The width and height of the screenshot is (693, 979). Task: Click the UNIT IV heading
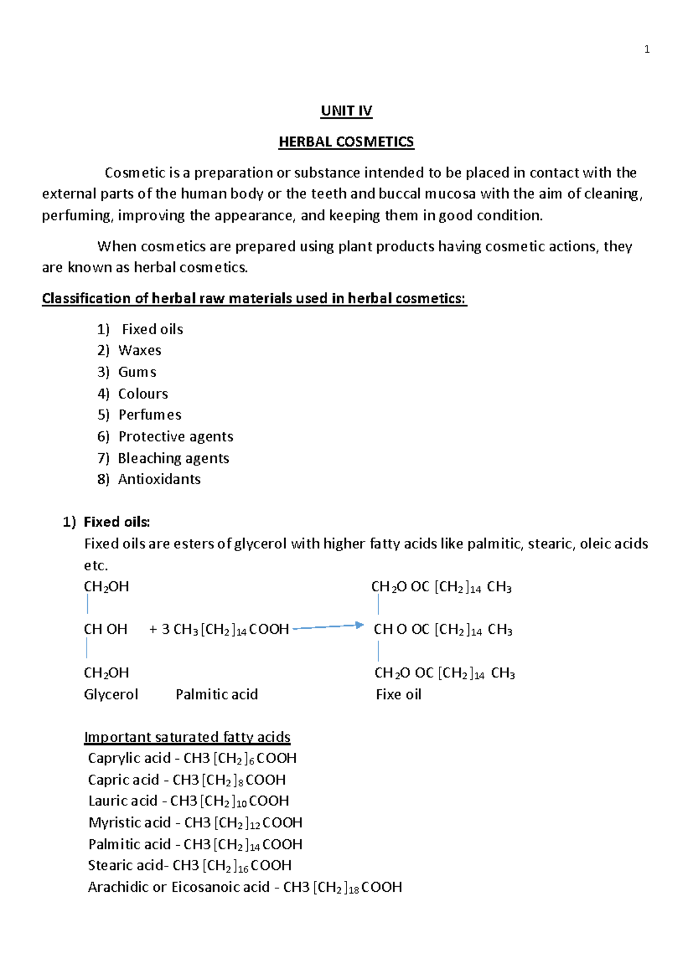346,111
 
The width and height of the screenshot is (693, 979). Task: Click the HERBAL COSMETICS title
346,142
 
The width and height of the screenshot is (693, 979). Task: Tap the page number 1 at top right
647,50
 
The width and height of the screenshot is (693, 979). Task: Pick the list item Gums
137,372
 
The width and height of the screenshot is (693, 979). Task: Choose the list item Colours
143,394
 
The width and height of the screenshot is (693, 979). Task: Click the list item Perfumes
150,415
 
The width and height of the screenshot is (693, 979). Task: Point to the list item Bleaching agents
173,458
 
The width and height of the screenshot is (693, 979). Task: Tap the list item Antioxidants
159,480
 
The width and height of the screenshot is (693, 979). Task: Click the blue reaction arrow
328,627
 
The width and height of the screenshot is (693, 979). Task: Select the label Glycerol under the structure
111,694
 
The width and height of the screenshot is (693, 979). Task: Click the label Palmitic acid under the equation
217,694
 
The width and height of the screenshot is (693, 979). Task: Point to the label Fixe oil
398,694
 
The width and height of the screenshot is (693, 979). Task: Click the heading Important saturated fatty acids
187,737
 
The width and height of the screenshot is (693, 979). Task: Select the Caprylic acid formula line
192,758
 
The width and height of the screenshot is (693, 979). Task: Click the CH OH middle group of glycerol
105,629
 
